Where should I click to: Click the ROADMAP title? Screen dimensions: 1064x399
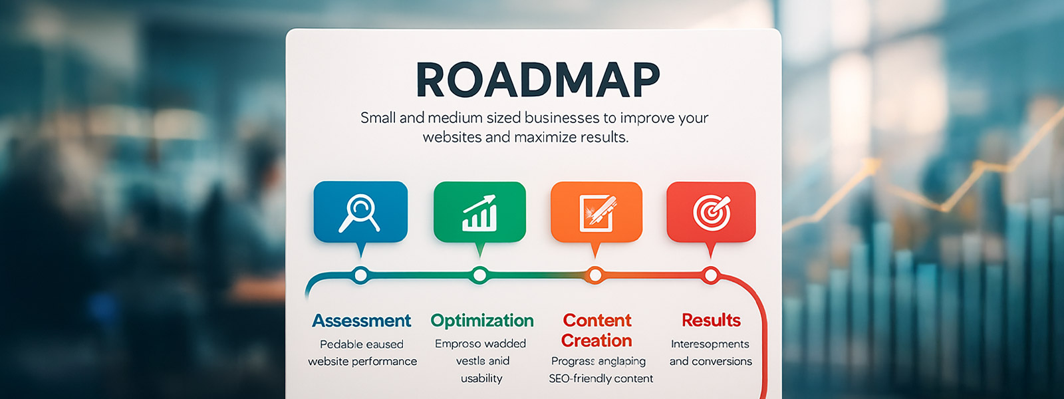click(x=538, y=80)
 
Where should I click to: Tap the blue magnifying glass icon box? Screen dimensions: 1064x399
click(x=360, y=212)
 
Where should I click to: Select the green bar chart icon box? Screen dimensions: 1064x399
click(x=479, y=212)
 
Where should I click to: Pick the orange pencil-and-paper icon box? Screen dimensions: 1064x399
click(x=597, y=212)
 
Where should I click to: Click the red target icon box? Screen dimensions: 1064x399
click(x=711, y=212)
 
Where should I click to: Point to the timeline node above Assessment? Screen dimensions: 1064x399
click(x=361, y=275)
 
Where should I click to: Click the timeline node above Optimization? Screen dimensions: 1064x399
click(x=479, y=275)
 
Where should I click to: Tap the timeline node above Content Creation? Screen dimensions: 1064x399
click(x=595, y=275)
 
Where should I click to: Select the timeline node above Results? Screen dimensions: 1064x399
click(x=711, y=275)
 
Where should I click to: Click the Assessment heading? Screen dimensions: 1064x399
click(x=362, y=321)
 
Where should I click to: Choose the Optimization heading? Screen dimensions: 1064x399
click(x=482, y=321)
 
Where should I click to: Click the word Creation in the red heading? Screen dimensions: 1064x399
click(x=597, y=340)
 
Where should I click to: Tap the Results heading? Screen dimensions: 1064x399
click(x=711, y=320)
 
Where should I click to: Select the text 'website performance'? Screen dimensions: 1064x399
click(x=362, y=362)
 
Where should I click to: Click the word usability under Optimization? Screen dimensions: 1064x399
click(x=481, y=378)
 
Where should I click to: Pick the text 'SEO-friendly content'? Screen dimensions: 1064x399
click(x=601, y=378)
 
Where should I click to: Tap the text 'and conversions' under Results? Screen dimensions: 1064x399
click(x=711, y=362)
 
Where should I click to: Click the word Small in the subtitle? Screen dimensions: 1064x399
click(x=378, y=117)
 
